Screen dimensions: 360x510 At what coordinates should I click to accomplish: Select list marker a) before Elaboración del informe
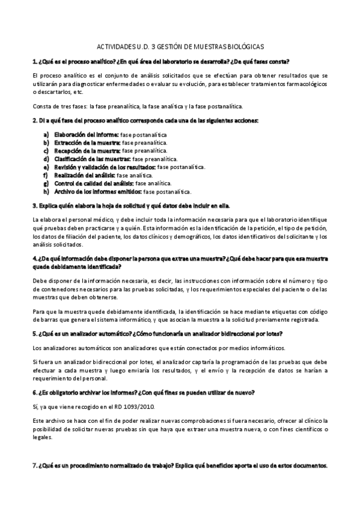pos(46,134)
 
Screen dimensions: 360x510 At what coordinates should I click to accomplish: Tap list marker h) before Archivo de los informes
pos(46,191)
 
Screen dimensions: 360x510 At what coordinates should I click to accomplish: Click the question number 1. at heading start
pos(35,62)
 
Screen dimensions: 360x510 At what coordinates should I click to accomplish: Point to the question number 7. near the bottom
pos(35,466)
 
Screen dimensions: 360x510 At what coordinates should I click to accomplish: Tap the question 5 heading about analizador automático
pos(158,334)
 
